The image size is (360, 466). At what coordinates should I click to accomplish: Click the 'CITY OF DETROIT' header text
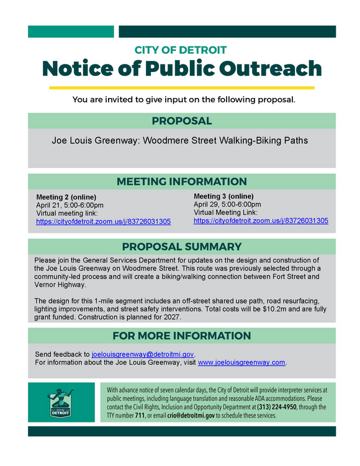point(181,50)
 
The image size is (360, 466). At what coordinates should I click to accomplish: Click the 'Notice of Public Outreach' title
point(181,68)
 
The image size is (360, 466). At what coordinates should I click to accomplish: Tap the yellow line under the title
point(181,87)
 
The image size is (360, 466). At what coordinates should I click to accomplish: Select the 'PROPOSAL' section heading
point(182,121)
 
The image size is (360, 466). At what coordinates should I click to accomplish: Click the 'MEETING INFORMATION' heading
point(182,181)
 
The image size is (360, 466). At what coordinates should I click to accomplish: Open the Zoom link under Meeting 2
point(103,222)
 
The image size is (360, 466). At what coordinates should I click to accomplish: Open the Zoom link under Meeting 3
point(261,220)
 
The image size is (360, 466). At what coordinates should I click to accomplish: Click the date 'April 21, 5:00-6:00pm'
point(70,205)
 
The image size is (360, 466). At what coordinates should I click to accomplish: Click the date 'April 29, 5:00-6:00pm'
point(227,204)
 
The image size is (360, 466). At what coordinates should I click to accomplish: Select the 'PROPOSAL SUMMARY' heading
point(182,246)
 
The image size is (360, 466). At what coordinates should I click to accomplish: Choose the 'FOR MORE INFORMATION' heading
point(182,336)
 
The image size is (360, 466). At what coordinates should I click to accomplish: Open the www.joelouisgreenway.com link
point(241,362)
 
